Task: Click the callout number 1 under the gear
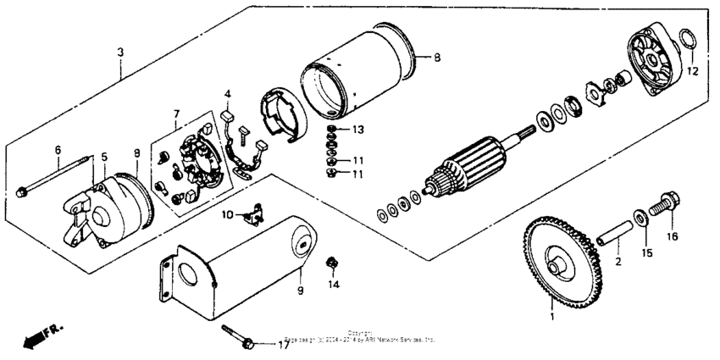[x=551, y=318]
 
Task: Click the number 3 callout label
[x=121, y=53]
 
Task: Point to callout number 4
[x=227, y=93]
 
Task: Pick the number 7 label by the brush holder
[x=176, y=114]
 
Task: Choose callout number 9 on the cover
[x=300, y=291]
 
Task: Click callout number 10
[x=226, y=215]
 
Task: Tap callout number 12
[x=691, y=71]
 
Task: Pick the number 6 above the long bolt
[x=58, y=150]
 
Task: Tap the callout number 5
[x=104, y=157]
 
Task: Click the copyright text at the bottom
[x=361, y=337]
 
